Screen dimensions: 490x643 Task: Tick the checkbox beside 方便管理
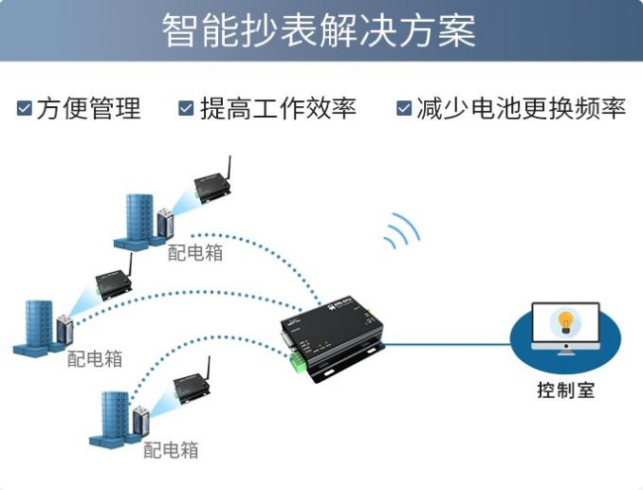[x=25, y=108]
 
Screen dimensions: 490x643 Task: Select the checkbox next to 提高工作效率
[x=186, y=108]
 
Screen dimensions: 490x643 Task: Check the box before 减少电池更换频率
[x=404, y=108]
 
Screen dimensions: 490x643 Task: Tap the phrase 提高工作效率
[x=277, y=108]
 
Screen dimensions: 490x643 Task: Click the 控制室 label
[x=565, y=390]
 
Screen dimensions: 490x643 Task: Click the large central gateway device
[x=332, y=336]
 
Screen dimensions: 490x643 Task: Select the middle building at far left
[x=39, y=327]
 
